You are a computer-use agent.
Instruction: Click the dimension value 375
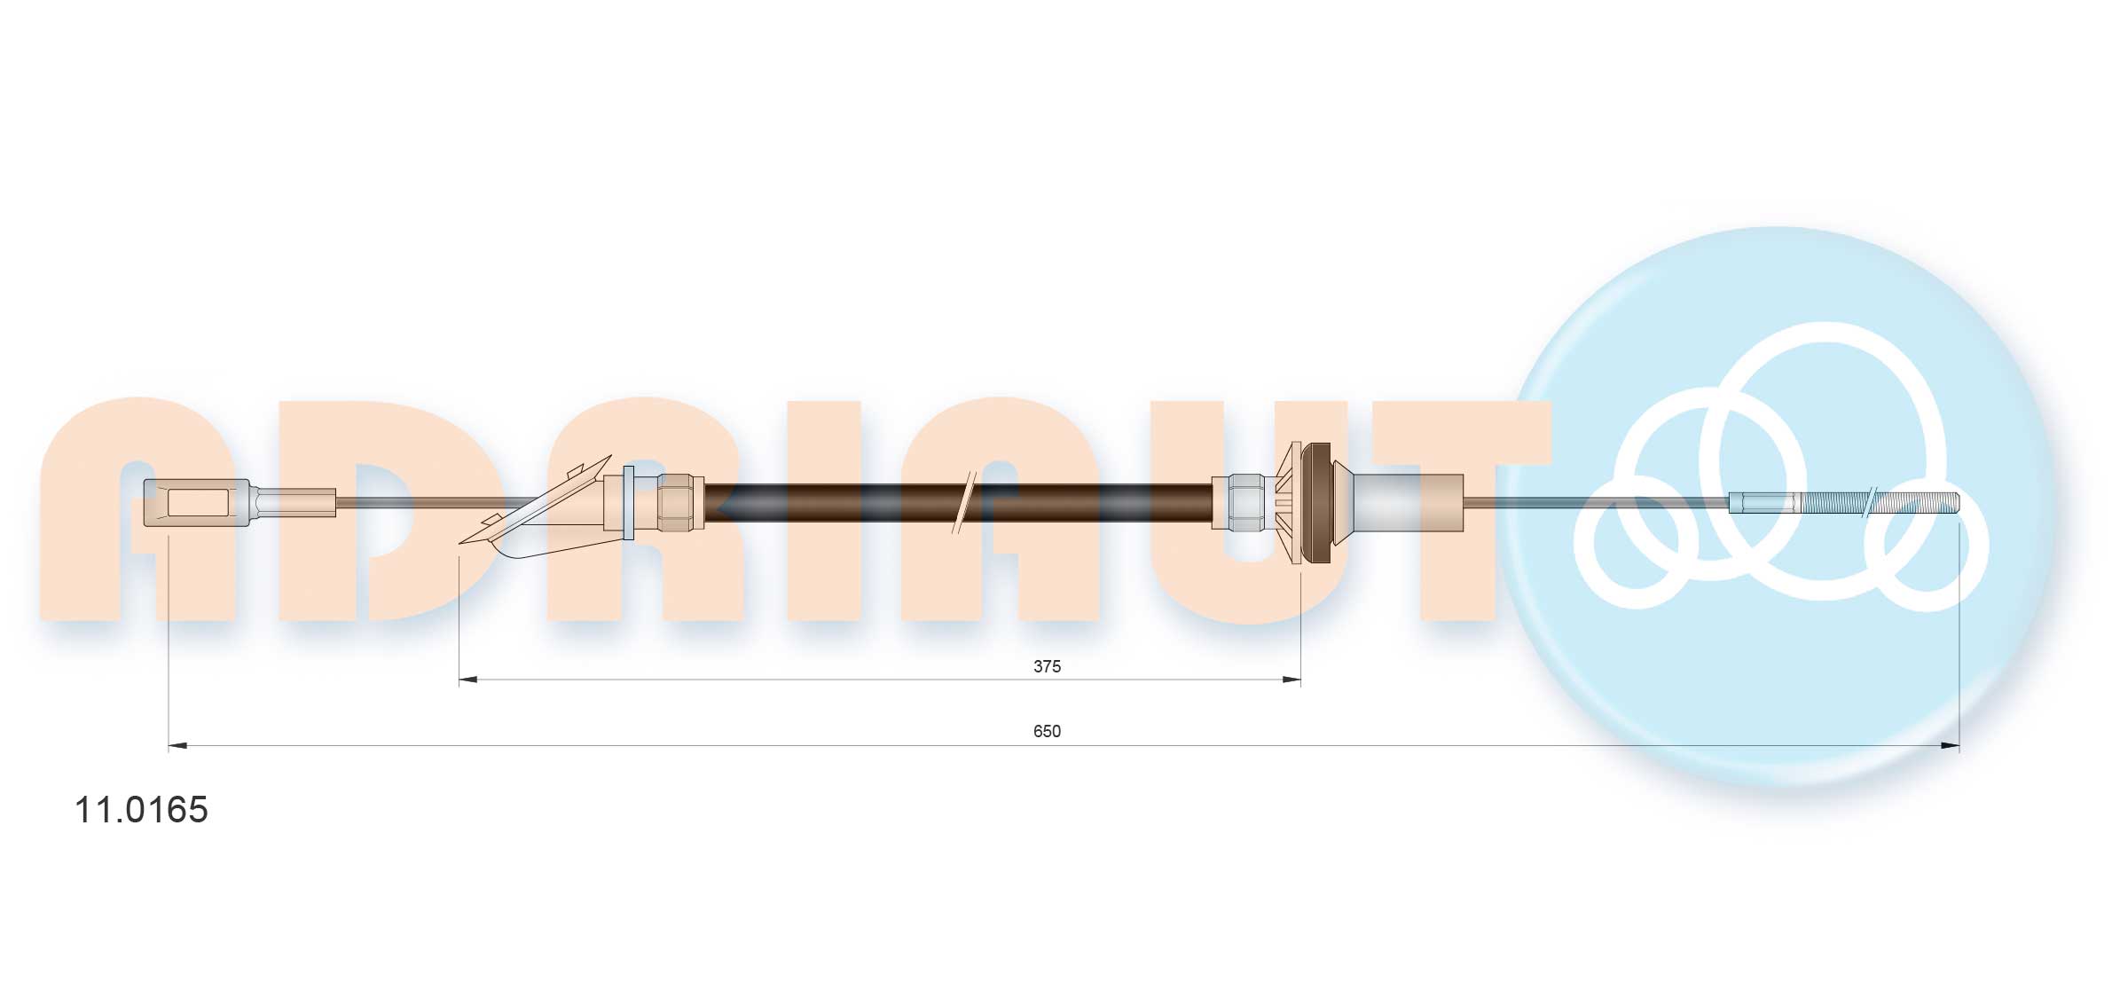[1047, 666]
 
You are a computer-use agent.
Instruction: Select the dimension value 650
[1047, 731]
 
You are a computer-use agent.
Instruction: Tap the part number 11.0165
[141, 809]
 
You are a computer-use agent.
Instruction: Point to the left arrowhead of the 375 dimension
[468, 680]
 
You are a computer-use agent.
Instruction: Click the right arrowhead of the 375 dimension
[1291, 680]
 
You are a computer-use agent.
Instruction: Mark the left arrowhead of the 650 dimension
[178, 745]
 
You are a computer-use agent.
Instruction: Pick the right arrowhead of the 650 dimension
[1949, 745]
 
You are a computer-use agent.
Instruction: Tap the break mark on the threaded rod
[1870, 502]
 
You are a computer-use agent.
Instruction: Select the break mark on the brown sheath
[963, 502]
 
